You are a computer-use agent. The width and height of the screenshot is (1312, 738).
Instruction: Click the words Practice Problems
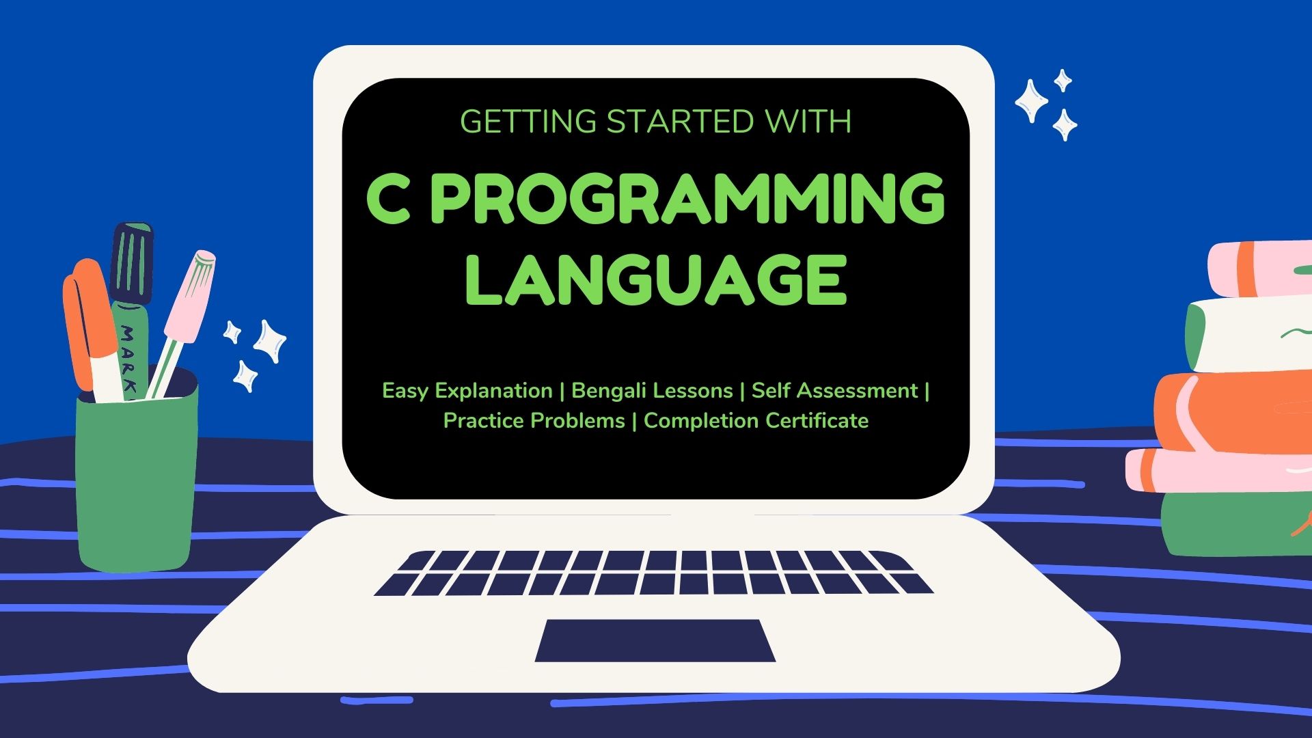(x=534, y=421)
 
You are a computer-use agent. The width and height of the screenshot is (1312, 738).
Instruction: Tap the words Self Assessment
(x=834, y=391)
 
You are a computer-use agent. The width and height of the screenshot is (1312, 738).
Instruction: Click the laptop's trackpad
(x=655, y=640)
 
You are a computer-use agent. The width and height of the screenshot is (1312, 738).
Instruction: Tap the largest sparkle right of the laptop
(x=1031, y=100)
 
